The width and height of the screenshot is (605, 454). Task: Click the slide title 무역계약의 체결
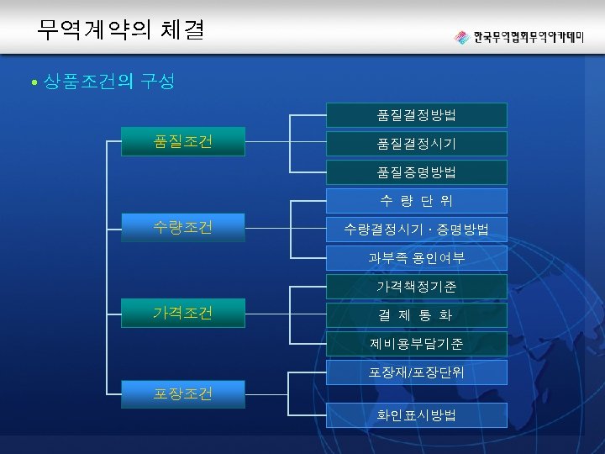tap(119, 30)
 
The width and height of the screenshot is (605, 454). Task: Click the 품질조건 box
tap(183, 141)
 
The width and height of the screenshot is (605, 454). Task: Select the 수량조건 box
tap(183, 227)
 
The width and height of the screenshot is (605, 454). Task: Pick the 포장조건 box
tap(183, 393)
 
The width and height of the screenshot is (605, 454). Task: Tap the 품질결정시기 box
tap(417, 144)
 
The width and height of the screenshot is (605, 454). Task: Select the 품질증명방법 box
tap(417, 172)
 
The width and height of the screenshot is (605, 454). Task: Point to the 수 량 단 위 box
tap(417, 201)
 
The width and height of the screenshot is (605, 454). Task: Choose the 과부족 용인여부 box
tap(417, 258)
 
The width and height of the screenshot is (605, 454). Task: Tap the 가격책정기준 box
tap(417, 287)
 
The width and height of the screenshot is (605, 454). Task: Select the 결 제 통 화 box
tap(417, 315)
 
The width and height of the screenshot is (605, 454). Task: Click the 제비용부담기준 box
tap(417, 344)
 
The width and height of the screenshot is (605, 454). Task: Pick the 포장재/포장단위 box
tap(417, 372)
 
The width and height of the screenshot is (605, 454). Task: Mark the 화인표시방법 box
tap(417, 415)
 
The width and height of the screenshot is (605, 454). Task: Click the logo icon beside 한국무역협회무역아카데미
tap(461, 38)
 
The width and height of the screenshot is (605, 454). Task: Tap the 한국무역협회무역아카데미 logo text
tap(529, 38)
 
